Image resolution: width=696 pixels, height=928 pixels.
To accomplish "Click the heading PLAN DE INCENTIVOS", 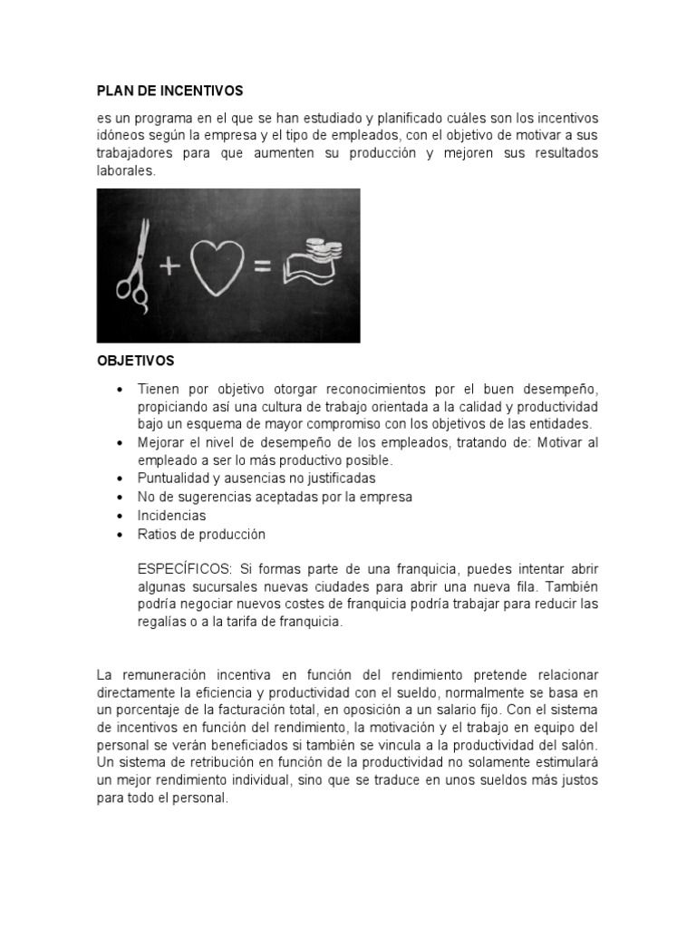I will tap(170, 92).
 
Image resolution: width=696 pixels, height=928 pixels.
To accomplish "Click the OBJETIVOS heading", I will tap(136, 361).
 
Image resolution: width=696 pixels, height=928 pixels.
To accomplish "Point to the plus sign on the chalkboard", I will tap(169, 266).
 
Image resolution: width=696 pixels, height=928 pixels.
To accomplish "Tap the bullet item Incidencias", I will tap(171, 516).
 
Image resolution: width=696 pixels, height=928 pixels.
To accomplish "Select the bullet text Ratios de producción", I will tap(201, 535).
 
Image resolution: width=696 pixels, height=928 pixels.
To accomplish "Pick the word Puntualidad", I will tap(173, 478).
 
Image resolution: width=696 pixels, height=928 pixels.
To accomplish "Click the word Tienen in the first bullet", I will tap(158, 388).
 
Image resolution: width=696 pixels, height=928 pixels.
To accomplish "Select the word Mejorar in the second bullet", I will tap(161, 442).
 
